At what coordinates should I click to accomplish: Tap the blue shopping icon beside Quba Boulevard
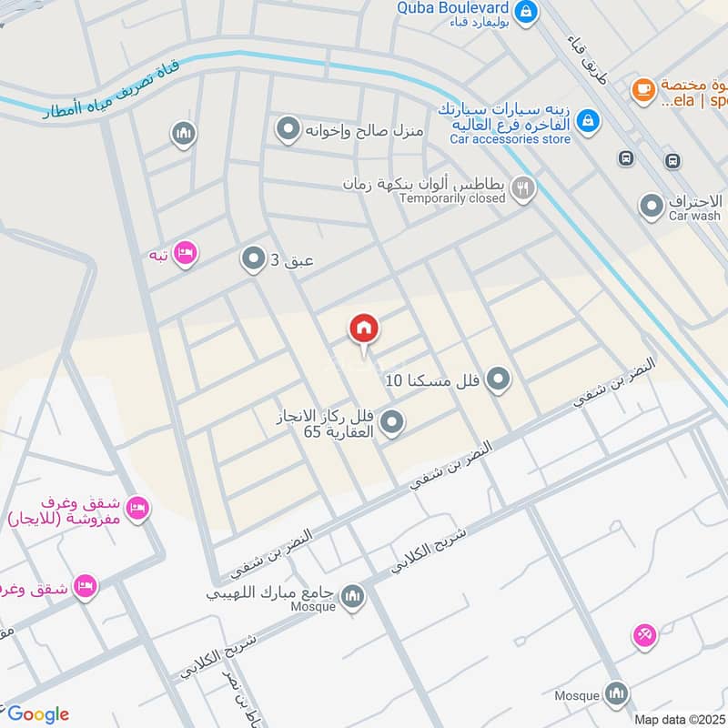(525, 12)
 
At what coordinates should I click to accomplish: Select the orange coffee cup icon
(644, 89)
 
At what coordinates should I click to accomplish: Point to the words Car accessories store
(511, 139)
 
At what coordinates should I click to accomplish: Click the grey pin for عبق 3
(252, 261)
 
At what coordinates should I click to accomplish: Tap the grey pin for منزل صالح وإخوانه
(288, 130)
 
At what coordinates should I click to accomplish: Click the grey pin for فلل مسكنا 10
(498, 379)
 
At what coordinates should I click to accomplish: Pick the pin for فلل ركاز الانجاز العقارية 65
(392, 422)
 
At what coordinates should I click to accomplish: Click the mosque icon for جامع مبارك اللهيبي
(352, 598)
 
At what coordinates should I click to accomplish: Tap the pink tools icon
(644, 637)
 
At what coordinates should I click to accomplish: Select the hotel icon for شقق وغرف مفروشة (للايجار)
(137, 507)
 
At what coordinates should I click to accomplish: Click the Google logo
(38, 714)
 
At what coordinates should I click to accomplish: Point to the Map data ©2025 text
(678, 719)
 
